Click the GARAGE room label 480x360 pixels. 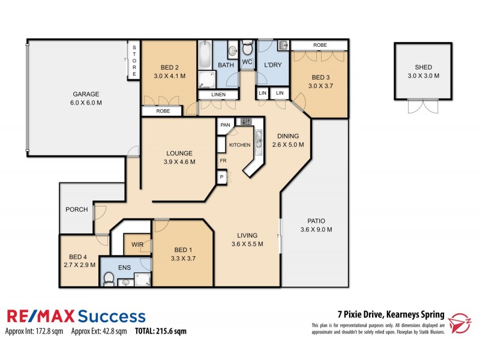86,94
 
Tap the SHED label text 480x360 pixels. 424,67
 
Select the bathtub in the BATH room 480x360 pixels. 205,57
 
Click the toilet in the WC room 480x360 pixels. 247,49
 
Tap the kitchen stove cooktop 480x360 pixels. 246,122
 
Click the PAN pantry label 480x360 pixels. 226,125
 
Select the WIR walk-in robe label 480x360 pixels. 137,245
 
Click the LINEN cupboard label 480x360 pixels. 212,95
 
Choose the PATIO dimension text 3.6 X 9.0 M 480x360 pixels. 316,230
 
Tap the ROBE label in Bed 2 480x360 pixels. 163,111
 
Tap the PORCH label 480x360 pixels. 77,209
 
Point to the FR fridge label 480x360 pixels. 222,161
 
